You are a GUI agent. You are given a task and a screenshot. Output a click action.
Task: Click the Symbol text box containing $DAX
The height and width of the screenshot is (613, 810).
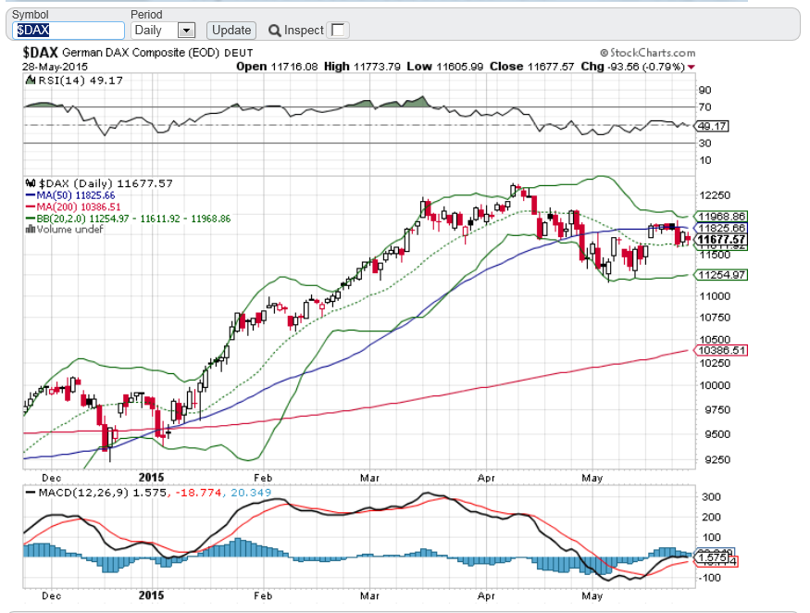69,31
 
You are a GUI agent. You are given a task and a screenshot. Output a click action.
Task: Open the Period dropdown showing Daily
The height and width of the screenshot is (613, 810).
186,31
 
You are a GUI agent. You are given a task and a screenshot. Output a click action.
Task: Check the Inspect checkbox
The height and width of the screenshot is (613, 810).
339,31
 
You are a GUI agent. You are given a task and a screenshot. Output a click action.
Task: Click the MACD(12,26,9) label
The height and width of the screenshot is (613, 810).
74,491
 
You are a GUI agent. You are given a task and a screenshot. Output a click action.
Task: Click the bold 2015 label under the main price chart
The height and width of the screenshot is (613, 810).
149,478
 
